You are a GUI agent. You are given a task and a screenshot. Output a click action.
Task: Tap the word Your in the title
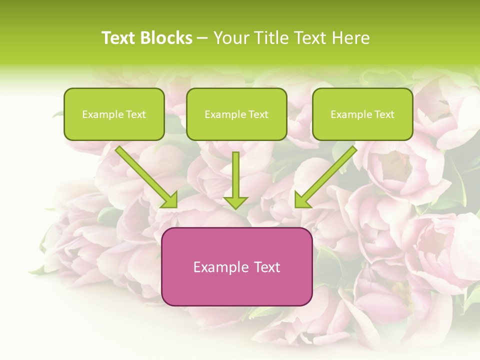coord(231,38)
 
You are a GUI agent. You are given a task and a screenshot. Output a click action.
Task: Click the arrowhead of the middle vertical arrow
coord(235,202)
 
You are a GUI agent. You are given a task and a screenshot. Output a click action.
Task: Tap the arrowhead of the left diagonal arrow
coord(170,200)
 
